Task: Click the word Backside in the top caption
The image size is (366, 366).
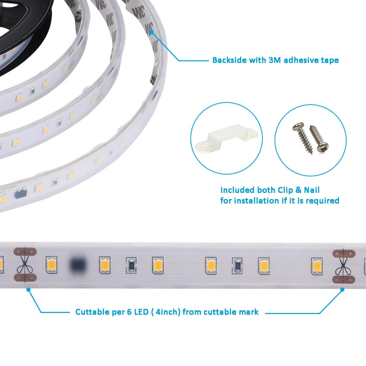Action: (229, 60)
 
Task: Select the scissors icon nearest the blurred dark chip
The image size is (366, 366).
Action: (25, 265)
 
